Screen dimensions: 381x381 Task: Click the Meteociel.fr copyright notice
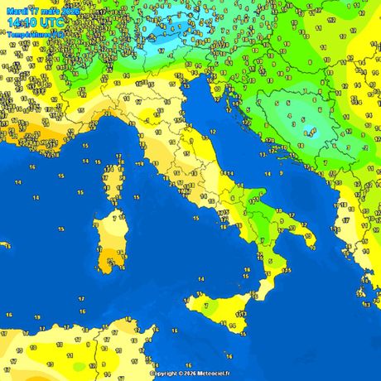point(190,373)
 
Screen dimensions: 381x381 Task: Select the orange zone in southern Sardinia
point(109,263)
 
